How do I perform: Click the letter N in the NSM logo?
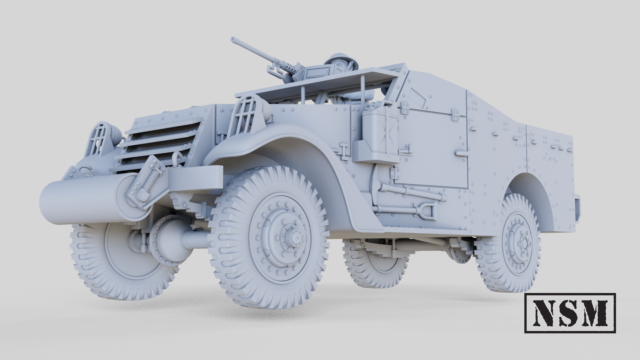[x=544, y=313]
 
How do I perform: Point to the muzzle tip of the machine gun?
[x=233, y=40]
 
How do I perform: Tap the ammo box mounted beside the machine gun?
[x=320, y=72]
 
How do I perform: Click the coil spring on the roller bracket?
[x=151, y=179]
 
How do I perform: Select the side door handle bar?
[x=462, y=153]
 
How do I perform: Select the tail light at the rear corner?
[x=577, y=208]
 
